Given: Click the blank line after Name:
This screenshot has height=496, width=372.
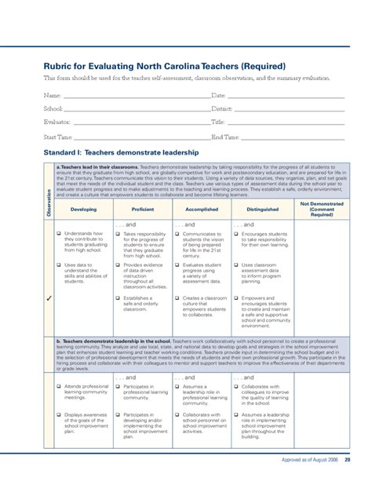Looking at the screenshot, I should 134,95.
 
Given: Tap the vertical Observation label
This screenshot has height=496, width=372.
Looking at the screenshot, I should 48,203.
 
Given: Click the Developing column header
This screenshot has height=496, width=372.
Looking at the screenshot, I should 83,210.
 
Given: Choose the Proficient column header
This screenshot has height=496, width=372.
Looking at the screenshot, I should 143,210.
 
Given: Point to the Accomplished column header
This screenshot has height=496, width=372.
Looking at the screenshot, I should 202,210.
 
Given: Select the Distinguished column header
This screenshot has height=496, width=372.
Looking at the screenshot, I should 262,210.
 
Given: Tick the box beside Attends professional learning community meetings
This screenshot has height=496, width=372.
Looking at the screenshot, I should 58,387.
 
